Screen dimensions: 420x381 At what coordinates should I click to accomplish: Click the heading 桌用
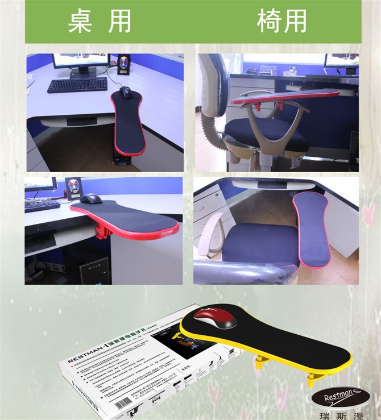100,21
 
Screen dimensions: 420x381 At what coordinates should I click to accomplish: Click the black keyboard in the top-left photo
77,85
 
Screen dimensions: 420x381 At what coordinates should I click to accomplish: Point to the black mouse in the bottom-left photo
91,199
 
